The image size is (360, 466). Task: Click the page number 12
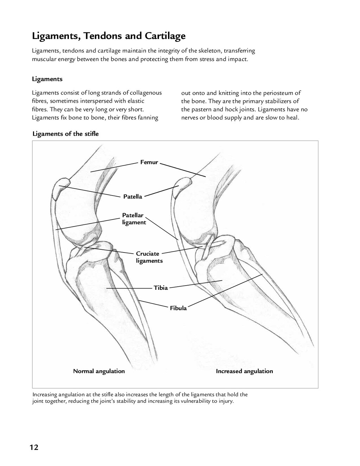[x=34, y=447]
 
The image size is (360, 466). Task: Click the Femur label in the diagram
[x=149, y=162]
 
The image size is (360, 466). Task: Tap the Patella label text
[x=133, y=197]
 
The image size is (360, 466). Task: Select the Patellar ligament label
[x=134, y=219]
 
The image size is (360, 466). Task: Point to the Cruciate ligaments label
[x=149, y=257]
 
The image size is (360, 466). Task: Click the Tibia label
[x=161, y=288]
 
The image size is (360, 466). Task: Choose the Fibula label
[x=178, y=308]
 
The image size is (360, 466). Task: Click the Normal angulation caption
[x=99, y=371]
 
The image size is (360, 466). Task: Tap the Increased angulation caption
[x=244, y=371]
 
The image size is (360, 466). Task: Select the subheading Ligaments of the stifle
[x=65, y=134]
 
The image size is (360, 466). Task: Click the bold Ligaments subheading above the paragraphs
[x=47, y=79]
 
